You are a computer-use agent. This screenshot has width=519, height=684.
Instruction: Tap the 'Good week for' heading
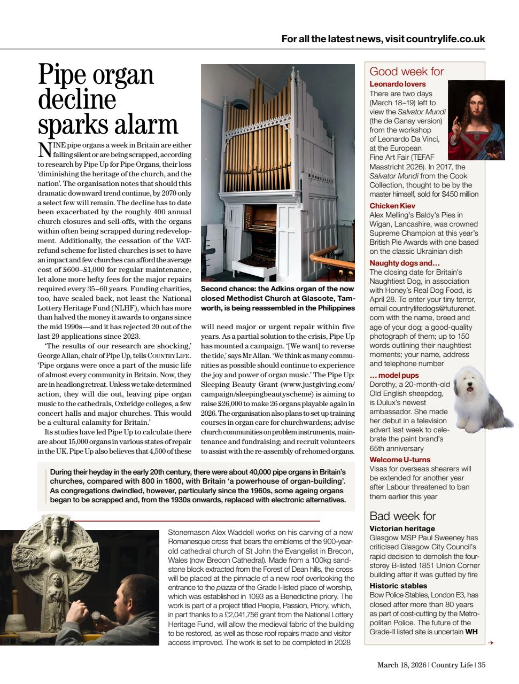coord(407,72)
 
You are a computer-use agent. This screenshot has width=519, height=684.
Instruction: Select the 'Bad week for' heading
coord(402,516)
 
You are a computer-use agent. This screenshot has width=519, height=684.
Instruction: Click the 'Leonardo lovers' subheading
coord(398,84)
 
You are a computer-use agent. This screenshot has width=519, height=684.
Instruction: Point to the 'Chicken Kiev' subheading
coord(392,206)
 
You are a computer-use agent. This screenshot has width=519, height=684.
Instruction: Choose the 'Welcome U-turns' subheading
coord(400,460)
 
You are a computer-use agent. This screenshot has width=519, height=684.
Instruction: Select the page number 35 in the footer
coord(482,665)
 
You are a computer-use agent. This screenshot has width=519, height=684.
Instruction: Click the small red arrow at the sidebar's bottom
coord(490,643)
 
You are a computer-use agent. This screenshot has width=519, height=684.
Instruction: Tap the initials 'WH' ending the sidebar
coord(471,632)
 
